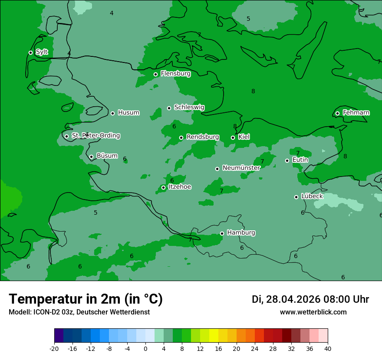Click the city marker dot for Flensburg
(155, 74)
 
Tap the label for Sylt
(42, 52)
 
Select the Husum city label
(128, 113)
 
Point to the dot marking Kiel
(233, 137)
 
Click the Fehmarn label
(356, 113)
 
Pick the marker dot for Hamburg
(222, 233)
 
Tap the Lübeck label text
(312, 196)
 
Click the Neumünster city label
(241, 168)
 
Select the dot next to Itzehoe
(163, 187)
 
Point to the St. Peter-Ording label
(95, 136)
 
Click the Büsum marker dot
(91, 157)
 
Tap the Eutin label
(300, 160)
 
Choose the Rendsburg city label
(202, 137)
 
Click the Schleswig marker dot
(169, 108)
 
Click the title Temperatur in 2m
(86, 299)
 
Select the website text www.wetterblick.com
(313, 312)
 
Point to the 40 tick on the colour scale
(327, 349)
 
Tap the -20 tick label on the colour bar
(54, 349)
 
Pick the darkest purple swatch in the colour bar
(59, 336)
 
